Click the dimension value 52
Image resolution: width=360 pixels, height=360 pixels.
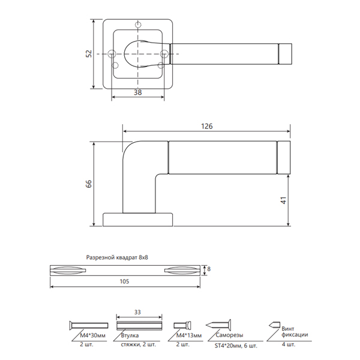[89, 54]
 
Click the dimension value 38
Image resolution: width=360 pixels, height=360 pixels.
[138, 92]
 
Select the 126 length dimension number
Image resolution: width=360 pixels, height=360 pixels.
[207, 126]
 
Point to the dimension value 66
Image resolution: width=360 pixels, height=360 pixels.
[89, 184]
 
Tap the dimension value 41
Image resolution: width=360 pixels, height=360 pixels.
[284, 200]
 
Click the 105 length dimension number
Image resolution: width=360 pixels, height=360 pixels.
[124, 281]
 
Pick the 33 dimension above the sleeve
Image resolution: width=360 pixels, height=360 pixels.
[137, 312]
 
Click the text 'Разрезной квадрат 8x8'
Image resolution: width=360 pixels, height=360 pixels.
[117, 257]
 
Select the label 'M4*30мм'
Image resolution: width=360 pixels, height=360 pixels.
[93, 335]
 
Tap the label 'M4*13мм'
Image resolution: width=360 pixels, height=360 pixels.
[189, 335]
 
